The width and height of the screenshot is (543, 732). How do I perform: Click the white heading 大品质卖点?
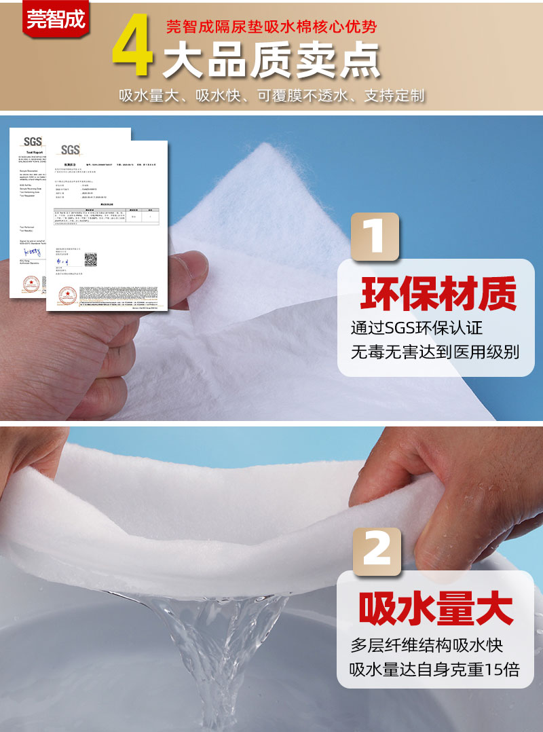[x=271, y=62]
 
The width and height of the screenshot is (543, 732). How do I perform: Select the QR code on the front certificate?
[x=90, y=260]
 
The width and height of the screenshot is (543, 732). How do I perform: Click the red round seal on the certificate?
[x=68, y=295]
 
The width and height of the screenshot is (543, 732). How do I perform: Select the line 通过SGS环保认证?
[x=416, y=327]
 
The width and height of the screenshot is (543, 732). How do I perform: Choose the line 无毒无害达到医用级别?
[x=434, y=352]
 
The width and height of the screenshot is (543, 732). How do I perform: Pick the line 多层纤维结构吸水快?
[x=426, y=644]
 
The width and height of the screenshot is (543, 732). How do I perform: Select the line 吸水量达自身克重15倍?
[x=434, y=670]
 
